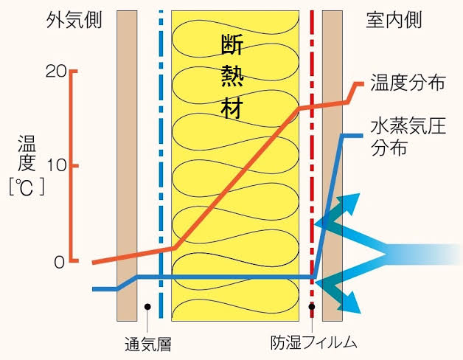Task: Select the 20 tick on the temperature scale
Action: (x=56, y=71)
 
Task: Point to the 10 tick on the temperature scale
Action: (x=56, y=165)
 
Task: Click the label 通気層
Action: (x=149, y=342)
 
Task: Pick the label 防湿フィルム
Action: (x=314, y=342)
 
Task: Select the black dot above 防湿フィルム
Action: (x=313, y=306)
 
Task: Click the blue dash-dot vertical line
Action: (x=161, y=148)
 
